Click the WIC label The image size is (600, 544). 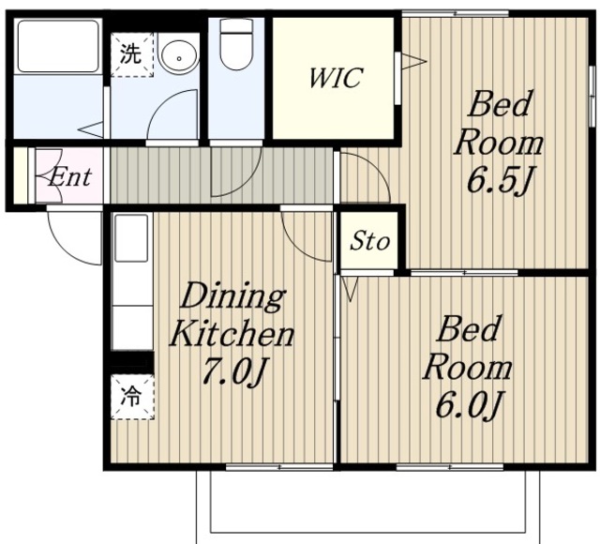tap(336, 78)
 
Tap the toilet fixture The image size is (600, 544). tap(236, 44)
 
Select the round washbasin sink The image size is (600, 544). tap(179, 55)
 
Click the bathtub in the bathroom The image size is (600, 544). tap(58, 46)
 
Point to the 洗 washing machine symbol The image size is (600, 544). tap(131, 54)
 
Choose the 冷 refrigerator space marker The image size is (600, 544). tap(132, 397)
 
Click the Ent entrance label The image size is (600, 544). tap(69, 177)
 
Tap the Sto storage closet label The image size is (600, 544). tap(369, 241)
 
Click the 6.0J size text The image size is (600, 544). tap(468, 404)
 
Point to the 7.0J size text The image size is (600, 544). tap(235, 370)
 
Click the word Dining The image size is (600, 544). tap(232, 296)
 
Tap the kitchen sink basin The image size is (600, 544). tap(131, 237)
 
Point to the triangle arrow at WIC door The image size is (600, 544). tap(413, 61)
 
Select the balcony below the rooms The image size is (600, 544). tap(368, 506)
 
